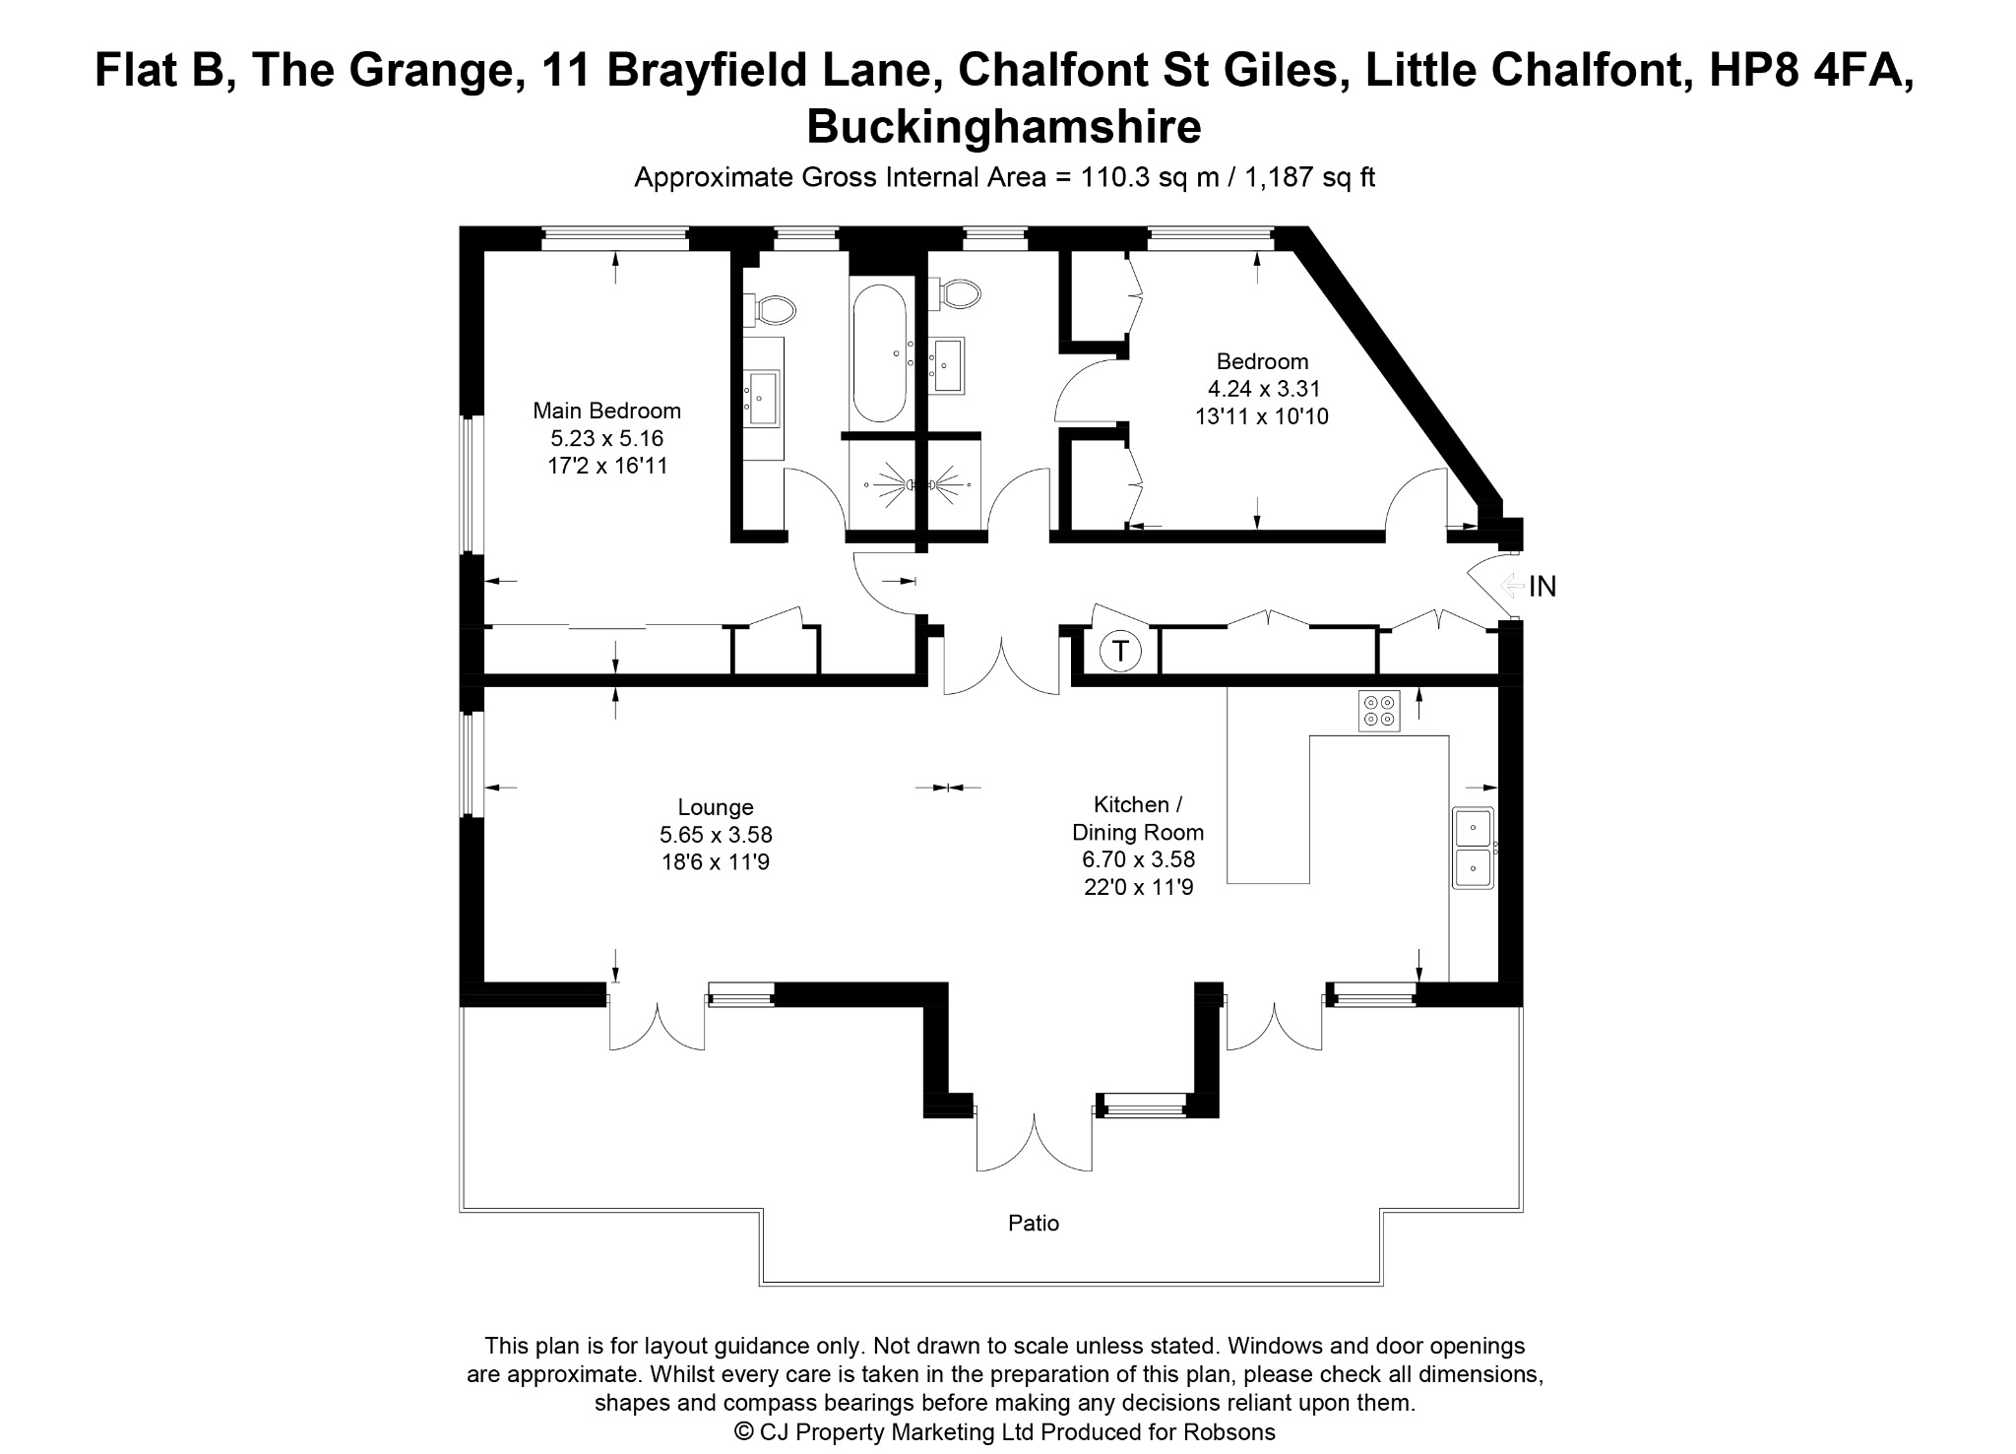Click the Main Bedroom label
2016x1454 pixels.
(x=606, y=411)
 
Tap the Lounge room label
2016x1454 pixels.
(x=716, y=807)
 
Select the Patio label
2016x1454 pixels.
(x=1034, y=1224)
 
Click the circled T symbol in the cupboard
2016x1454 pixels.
(x=1119, y=651)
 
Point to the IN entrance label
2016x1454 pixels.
(x=1543, y=587)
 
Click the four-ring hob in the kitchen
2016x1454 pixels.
(x=1379, y=711)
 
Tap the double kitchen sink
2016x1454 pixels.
(x=1474, y=849)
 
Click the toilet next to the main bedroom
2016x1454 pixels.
(x=769, y=310)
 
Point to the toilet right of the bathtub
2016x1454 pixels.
(x=955, y=293)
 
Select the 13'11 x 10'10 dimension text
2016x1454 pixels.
(x=1262, y=416)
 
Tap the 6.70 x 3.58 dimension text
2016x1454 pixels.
(x=1138, y=859)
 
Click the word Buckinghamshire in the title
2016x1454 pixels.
(x=1004, y=127)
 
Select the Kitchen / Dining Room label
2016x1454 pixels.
(x=1138, y=818)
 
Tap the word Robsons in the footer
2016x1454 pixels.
(x=1231, y=1432)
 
